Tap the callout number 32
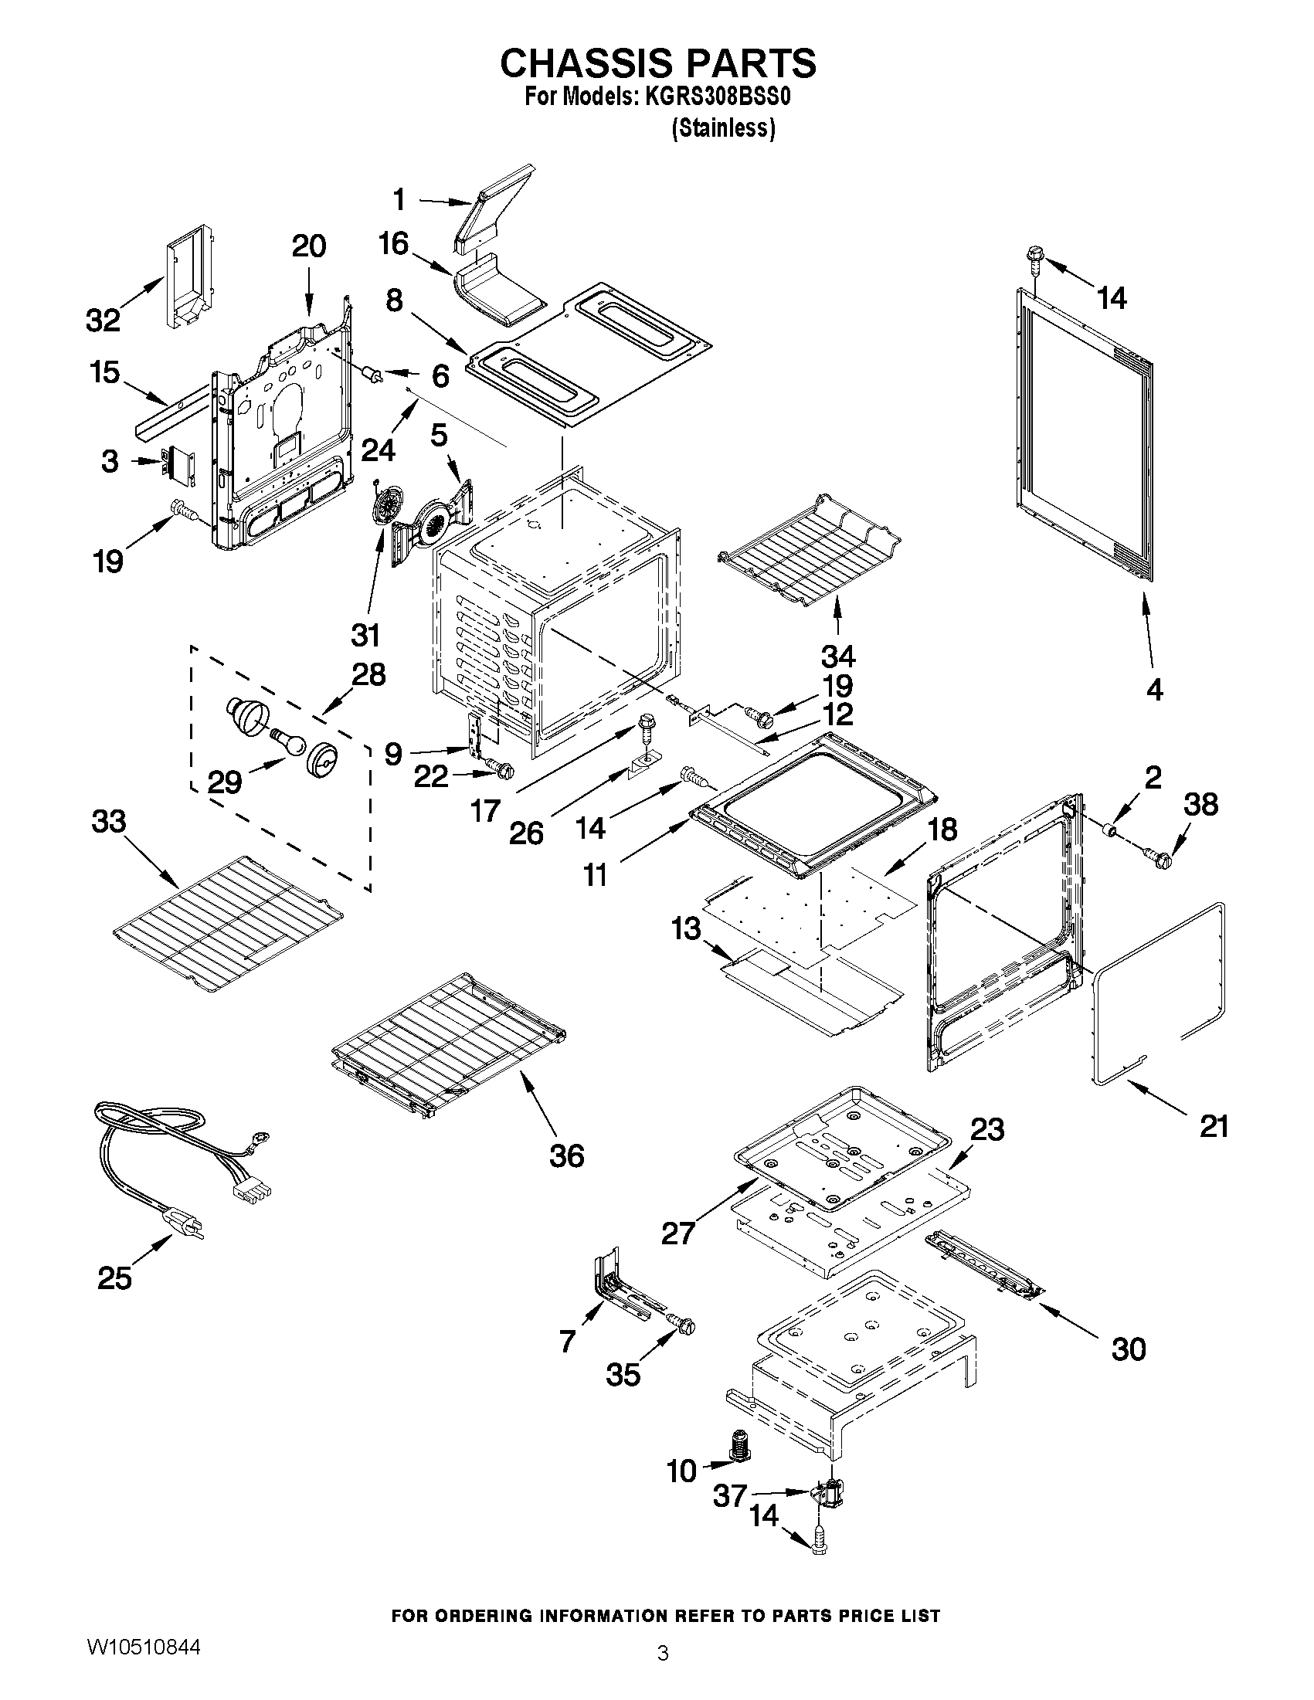[103, 320]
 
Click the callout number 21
[1214, 1126]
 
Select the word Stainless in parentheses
[723, 129]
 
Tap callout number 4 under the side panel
[1154, 689]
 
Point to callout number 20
[309, 246]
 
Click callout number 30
[1128, 1349]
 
